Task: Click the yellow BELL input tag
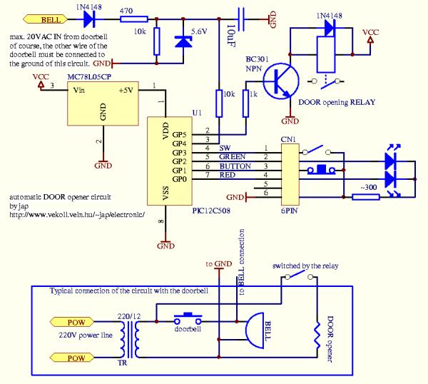[46, 19]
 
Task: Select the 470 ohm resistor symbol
[134, 19]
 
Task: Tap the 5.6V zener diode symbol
[183, 41]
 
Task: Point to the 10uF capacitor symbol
[241, 19]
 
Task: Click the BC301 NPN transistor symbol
[281, 81]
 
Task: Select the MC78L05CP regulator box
[103, 103]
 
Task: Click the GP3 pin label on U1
[179, 153]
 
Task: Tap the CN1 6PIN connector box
[290, 175]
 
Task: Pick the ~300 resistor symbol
[366, 197]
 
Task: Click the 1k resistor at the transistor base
[245, 103]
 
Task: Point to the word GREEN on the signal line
[233, 157]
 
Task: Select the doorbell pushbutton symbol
[188, 318]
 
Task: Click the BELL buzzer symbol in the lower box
[255, 330]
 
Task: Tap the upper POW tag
[72, 322]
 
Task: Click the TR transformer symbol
[129, 339]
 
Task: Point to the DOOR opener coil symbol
[317, 335]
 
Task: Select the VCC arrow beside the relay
[370, 40]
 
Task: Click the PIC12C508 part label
[211, 211]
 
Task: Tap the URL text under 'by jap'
[77, 215]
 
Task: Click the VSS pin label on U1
[165, 193]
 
